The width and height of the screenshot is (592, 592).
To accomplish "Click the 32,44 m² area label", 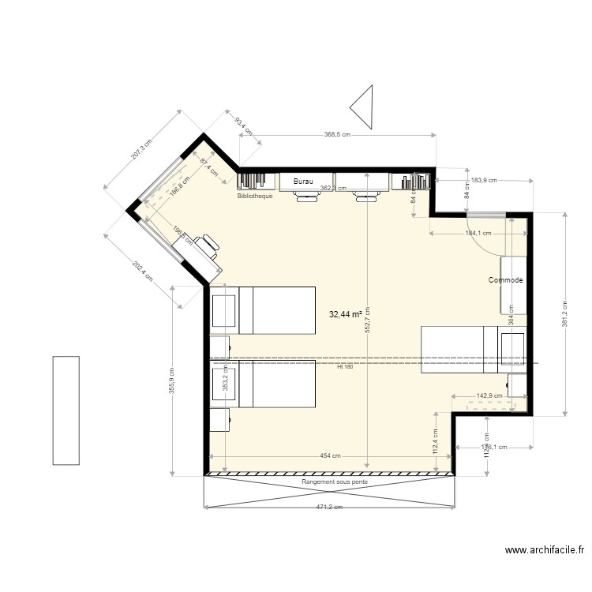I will (x=345, y=314).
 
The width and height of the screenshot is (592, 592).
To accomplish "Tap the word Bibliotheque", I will (x=255, y=196).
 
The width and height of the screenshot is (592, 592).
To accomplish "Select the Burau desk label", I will (x=303, y=182).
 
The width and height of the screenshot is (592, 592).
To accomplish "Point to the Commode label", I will (x=505, y=280).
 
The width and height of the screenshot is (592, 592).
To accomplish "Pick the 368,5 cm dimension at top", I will (x=336, y=135).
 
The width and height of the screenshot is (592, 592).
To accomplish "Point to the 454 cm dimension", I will (x=330, y=456).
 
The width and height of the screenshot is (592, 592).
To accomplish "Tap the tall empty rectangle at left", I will (x=66, y=410).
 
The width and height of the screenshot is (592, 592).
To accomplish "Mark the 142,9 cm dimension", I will (x=490, y=396).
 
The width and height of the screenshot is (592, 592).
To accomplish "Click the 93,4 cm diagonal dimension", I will (x=244, y=126).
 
